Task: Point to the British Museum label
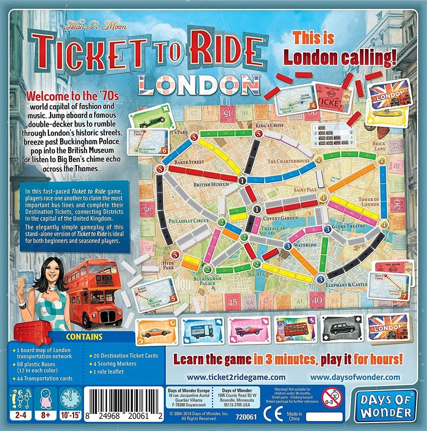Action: pyautogui.click(x=211, y=184)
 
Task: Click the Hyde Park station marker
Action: pyautogui.click(x=174, y=255)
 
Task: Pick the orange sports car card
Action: pyautogui.click(x=156, y=330)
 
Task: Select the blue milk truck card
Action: pyautogui.click(x=203, y=330)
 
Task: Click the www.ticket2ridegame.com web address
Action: pyautogui.click(x=236, y=377)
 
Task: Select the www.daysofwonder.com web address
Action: pyautogui.click(x=355, y=377)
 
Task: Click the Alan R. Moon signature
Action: pyautogui.click(x=100, y=27)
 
